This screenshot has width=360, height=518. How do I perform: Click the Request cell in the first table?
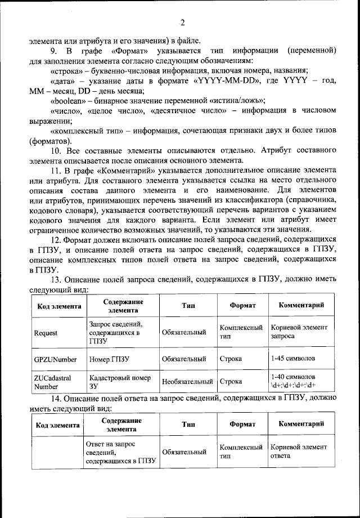pos(46,333)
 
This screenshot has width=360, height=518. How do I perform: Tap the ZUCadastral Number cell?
pos(52,382)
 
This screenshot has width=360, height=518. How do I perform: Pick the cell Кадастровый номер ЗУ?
pos(115,382)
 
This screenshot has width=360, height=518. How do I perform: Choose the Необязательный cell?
pos(187,382)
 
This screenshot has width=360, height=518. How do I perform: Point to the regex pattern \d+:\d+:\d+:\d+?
pos(294,386)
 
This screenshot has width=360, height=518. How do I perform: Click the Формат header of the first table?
pos(242,306)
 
